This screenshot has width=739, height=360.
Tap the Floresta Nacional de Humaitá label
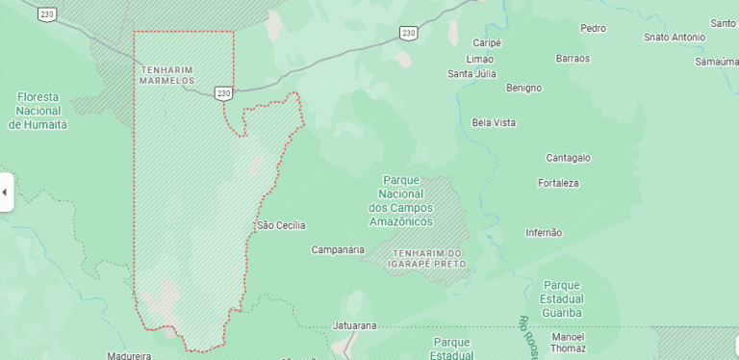pos(38,111)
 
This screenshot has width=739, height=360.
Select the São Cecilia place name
pos(281,225)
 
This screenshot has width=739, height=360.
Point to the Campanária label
pos(338,249)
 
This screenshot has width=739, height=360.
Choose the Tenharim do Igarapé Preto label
pos(427,257)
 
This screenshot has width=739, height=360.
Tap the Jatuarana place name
pos(354,325)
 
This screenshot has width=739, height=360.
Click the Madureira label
pos(129,355)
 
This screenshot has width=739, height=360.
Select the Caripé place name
pos(488,43)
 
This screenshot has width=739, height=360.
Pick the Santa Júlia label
pos(471,73)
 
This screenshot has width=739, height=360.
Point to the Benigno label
pos(523,88)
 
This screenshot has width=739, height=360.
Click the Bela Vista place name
pos(494,122)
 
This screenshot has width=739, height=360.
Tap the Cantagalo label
pos(568,157)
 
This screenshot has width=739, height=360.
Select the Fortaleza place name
pos(558,182)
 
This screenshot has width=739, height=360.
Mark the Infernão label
pos(544,232)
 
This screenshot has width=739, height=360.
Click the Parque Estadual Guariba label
pos(562,298)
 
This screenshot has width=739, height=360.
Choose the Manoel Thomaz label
pos(568,343)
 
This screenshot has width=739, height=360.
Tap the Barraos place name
pos(573,58)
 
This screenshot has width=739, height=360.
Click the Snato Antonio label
pos(675,38)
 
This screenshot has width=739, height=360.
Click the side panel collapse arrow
pos(5,192)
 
